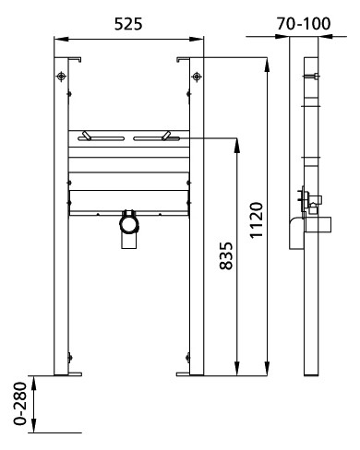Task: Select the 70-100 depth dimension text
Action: point(304,20)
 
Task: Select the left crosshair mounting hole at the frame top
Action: point(62,77)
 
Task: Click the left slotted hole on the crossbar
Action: point(100,138)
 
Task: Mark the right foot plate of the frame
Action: point(191,373)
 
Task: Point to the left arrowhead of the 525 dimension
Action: point(57,38)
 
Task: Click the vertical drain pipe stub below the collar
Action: point(127,239)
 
